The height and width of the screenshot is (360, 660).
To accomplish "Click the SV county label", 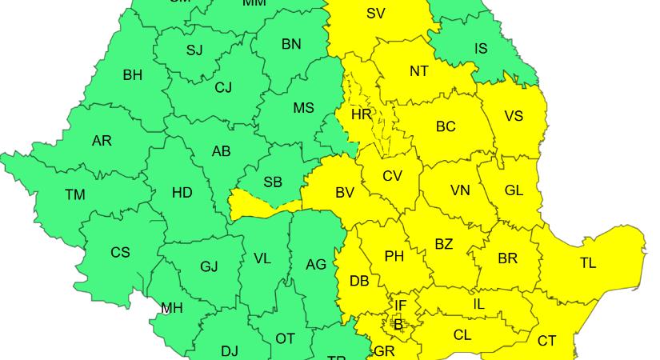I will click(375, 13).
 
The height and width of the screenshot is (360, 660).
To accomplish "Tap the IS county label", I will click(480, 49).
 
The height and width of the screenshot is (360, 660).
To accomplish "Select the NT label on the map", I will click(418, 71).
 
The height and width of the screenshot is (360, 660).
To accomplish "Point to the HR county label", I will click(362, 114).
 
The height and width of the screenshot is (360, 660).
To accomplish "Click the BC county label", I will click(446, 126).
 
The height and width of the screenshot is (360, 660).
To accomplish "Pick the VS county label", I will click(514, 116).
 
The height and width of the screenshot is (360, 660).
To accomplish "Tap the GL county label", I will click(514, 190).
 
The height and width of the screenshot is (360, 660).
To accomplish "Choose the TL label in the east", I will click(588, 262).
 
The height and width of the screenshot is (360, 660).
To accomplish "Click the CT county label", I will click(546, 341).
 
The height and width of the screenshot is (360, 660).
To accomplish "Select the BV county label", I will click(345, 193).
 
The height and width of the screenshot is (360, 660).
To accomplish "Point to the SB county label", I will click(273, 182).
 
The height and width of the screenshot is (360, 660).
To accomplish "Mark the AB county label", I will click(222, 152).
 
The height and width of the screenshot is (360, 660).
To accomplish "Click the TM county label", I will click(75, 194).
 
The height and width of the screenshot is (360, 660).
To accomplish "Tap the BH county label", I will click(133, 75).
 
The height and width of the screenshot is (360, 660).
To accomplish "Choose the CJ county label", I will click(223, 88).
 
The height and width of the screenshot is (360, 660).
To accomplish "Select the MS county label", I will click(303, 108).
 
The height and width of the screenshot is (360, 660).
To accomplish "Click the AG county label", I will click(316, 264).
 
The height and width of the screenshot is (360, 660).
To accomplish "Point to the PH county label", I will click(394, 257).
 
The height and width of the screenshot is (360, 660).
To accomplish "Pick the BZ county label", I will click(443, 244).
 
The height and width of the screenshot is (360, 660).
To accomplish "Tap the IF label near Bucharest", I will click(400, 306).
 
